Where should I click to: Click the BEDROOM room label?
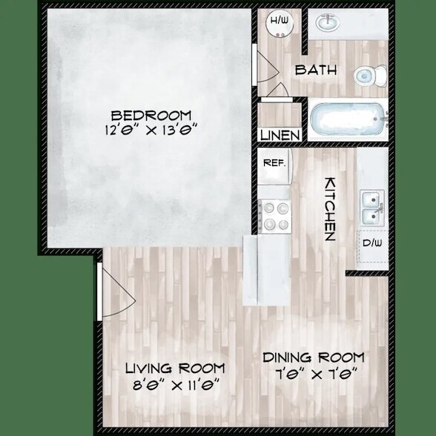point(151,116)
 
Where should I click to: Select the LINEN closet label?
point(281,136)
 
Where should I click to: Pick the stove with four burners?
point(276,216)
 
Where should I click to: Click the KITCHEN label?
point(331,208)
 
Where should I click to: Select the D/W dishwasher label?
point(372,242)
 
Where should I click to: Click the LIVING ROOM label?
point(174,369)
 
